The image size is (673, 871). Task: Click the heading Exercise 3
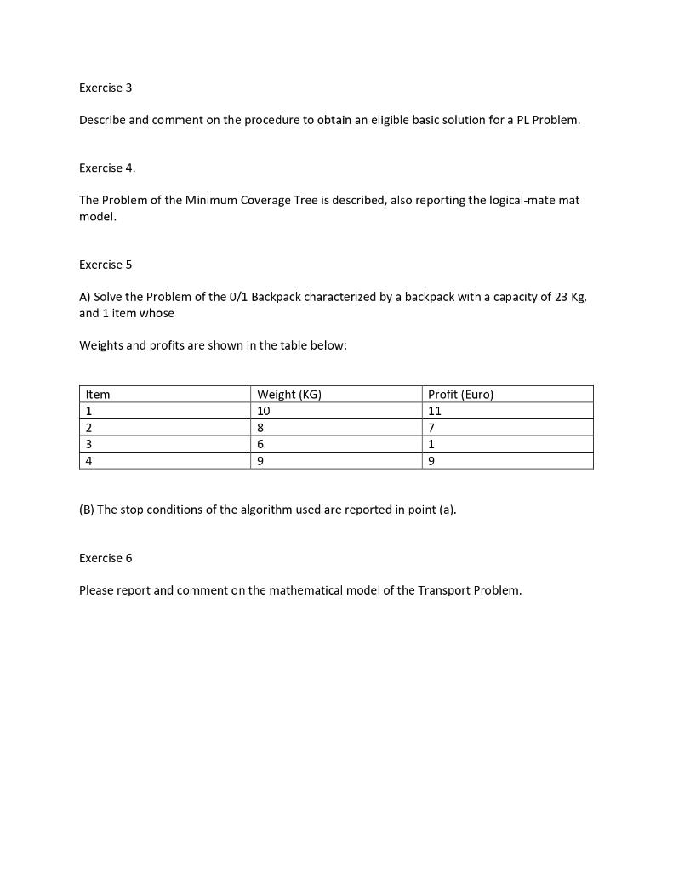(x=106, y=88)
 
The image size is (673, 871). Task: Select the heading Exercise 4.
(x=107, y=168)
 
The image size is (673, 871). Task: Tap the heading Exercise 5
(x=106, y=265)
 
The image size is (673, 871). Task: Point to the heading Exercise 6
(x=106, y=558)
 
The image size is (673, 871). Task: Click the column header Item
(x=98, y=394)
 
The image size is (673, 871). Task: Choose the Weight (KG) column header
(x=289, y=394)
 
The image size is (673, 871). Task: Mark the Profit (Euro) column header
(x=460, y=394)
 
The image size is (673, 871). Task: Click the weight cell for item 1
(x=264, y=411)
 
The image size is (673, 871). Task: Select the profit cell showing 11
(x=435, y=411)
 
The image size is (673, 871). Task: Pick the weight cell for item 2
(x=261, y=427)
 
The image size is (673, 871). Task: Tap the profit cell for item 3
(x=432, y=444)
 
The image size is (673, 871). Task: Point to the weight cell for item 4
(x=261, y=460)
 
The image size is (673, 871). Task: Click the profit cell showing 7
(x=432, y=427)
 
